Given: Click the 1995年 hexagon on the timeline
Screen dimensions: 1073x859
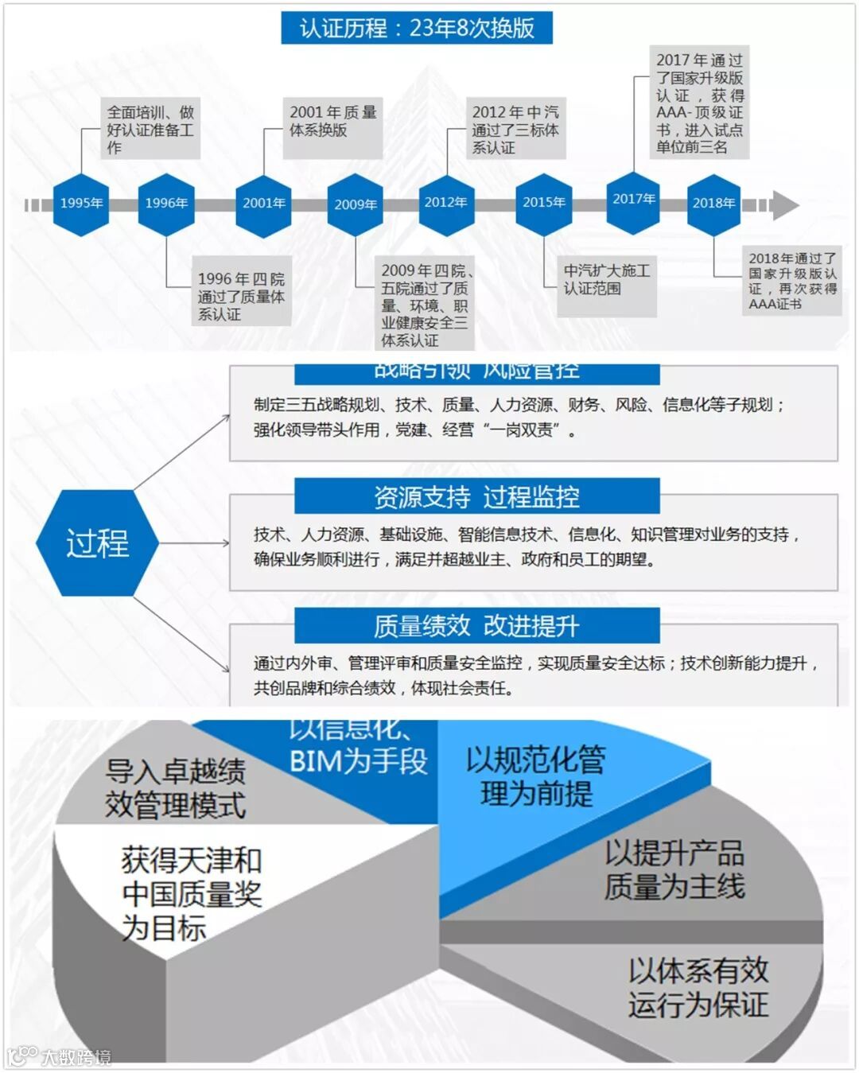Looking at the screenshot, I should point(81,204).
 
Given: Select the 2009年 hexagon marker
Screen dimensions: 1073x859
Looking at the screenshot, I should point(356,204).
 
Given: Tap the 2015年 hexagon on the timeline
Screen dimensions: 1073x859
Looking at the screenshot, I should point(544,203).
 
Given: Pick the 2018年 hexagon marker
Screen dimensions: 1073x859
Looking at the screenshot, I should point(713,204).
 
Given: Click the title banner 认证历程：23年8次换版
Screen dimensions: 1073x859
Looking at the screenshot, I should point(417,29).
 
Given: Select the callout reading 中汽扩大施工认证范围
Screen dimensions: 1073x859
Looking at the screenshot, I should point(607,280).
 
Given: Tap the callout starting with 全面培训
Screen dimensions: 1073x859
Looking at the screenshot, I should point(150,130).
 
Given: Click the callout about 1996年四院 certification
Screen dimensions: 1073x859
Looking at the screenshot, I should point(241,296).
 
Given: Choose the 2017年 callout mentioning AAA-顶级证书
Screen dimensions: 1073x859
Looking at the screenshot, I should point(699,103).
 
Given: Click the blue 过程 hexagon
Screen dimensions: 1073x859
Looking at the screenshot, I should point(97,543).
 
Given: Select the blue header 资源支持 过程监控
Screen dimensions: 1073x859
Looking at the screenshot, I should point(476,497).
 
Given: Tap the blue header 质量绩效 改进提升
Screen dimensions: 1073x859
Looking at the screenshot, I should point(476,627).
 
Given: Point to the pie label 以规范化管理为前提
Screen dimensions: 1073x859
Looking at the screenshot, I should point(536,776).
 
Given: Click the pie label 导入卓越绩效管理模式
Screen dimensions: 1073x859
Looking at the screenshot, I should point(176,787).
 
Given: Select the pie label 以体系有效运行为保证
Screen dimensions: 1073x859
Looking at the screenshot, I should point(698,987).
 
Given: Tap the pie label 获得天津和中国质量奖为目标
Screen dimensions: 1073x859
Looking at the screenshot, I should point(191,893).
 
